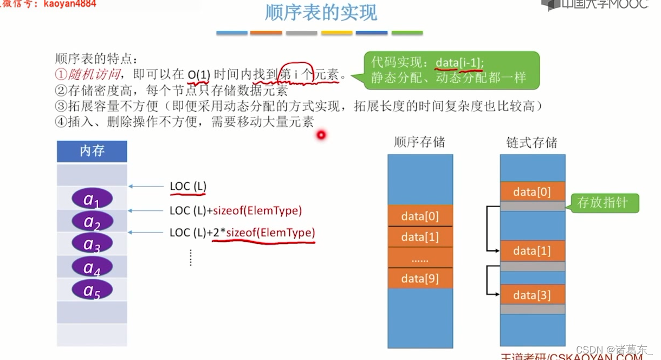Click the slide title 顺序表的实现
321,13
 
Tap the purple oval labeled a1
92,199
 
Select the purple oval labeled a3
92,244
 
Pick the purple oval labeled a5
92,290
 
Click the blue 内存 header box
92,151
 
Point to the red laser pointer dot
321,135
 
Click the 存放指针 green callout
602,203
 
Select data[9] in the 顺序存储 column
420,279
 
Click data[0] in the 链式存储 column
532,191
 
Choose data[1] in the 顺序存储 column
420,237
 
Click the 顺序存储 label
419,142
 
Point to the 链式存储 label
532,143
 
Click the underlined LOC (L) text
188,187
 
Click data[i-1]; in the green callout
460,63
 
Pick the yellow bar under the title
336,33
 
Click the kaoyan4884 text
69,4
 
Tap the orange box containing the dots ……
420,258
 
